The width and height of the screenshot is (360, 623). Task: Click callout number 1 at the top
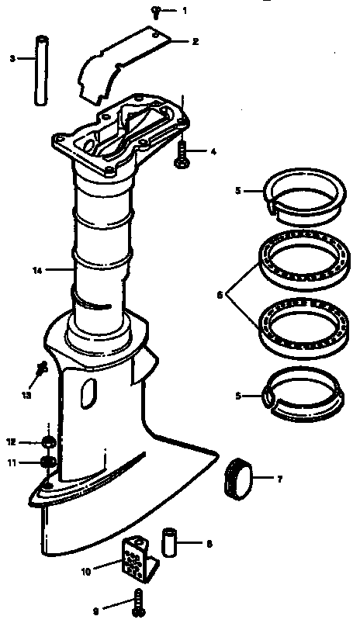point(185,11)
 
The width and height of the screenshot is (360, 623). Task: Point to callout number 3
point(12,57)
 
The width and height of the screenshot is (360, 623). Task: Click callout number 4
point(213,152)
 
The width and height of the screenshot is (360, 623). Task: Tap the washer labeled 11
point(47,464)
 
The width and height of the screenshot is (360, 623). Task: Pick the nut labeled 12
point(47,442)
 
